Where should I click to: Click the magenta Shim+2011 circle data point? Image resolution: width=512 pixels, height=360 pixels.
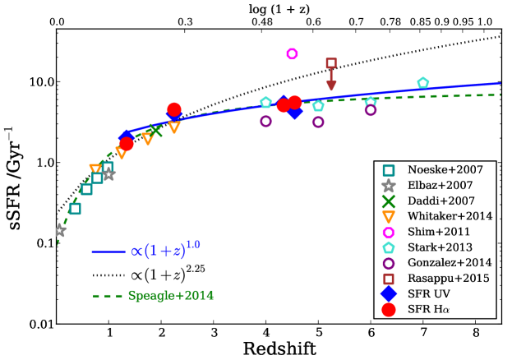coord(292,53)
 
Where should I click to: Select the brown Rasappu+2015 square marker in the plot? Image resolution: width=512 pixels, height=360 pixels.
coord(331,62)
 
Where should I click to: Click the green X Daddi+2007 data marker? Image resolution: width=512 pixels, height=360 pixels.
coord(155,130)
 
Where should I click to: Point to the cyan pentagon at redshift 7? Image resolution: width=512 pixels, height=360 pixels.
coord(423,83)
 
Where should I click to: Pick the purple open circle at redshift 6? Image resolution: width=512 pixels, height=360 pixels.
coord(371,109)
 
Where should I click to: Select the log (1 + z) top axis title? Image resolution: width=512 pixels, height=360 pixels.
coord(279,7)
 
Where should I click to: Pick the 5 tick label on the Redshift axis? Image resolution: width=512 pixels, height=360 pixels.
coord(318,333)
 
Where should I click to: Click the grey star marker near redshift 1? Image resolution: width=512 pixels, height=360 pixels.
coord(108,173)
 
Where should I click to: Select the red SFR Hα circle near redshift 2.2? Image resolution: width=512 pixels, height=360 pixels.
coord(174,109)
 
